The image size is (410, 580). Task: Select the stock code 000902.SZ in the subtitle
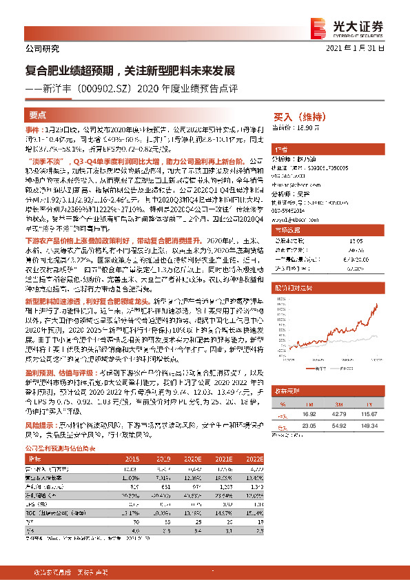pos(107,87)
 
